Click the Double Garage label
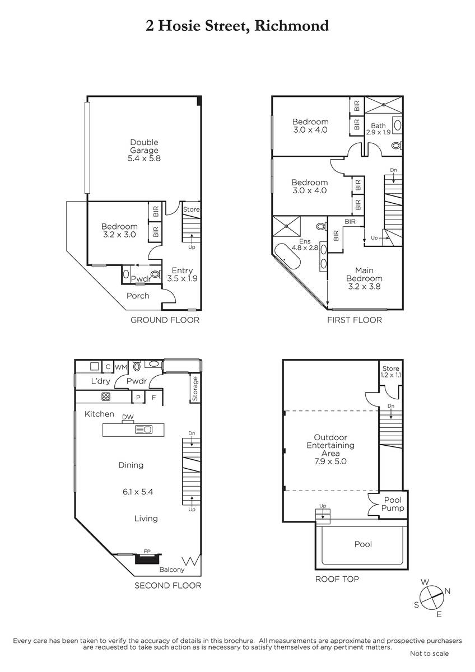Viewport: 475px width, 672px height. (x=144, y=146)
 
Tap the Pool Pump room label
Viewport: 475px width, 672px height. (x=393, y=504)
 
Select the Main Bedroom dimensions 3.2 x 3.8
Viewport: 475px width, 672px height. (x=364, y=287)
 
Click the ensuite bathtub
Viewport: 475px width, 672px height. (x=287, y=257)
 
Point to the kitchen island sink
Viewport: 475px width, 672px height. (x=144, y=430)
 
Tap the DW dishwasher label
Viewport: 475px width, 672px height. (x=128, y=417)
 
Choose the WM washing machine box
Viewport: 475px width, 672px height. (x=121, y=367)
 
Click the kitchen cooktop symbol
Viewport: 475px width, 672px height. (x=106, y=396)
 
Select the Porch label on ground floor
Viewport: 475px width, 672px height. (x=138, y=296)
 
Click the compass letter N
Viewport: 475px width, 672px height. (x=448, y=591)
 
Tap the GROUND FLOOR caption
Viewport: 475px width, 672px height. (x=165, y=320)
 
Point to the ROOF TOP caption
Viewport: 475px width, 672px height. (x=337, y=579)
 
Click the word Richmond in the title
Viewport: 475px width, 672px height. (x=292, y=26)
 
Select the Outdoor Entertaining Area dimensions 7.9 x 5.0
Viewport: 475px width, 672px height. (x=330, y=461)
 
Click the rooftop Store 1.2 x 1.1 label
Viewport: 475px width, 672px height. (x=390, y=371)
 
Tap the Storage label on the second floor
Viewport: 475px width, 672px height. (x=195, y=389)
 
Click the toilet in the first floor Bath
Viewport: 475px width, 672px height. (x=397, y=146)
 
